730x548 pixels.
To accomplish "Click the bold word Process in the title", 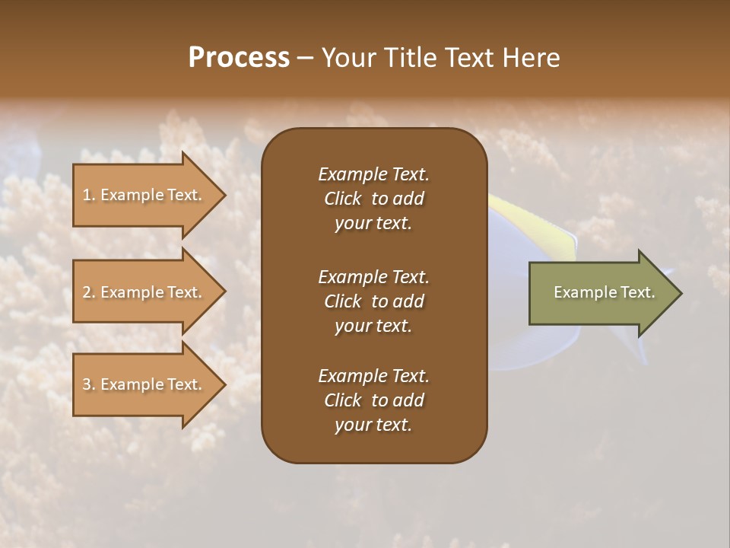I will (x=239, y=57).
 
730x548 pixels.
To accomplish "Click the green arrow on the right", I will (x=601, y=292).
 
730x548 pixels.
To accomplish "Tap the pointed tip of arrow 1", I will (x=224, y=195).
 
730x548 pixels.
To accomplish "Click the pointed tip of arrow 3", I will (x=224, y=384).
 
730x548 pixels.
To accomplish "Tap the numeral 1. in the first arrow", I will (x=88, y=195).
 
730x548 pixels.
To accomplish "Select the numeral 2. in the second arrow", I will (x=88, y=292).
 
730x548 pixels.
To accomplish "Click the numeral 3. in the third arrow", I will (x=88, y=384).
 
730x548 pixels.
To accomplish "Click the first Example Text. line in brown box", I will (x=373, y=174).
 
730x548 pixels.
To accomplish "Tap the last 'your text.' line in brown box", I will (x=373, y=425).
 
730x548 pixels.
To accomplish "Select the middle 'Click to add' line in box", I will (x=373, y=301).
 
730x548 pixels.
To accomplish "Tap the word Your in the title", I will (x=347, y=57).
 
